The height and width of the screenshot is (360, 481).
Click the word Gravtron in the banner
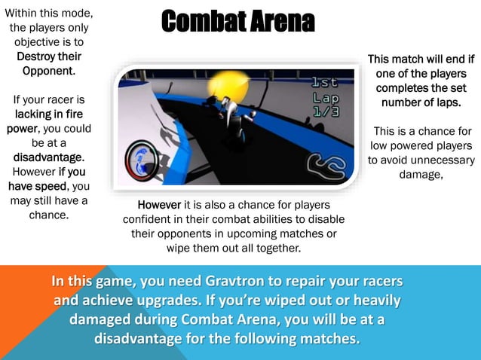coord(237,282)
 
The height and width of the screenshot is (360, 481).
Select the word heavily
coord(372,300)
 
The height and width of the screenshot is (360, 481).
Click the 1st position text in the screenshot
coord(326,83)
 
